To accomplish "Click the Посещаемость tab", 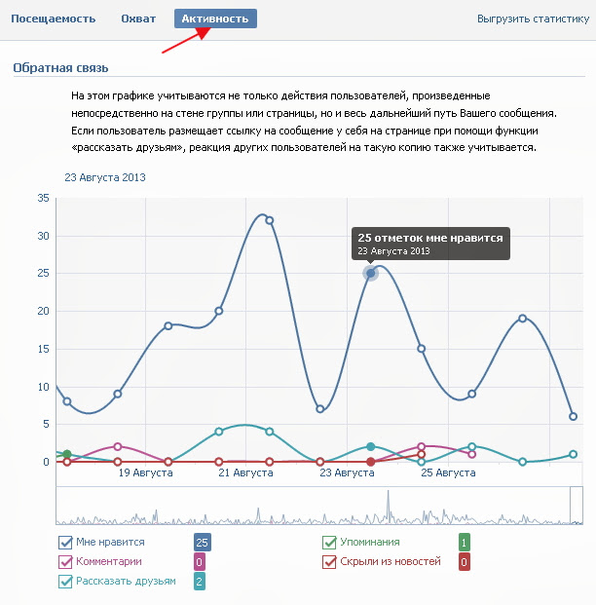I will pyautogui.click(x=54, y=19).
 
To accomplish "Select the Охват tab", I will pyautogui.click(x=138, y=19).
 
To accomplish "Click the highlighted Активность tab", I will pyautogui.click(x=215, y=19).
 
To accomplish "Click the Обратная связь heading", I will pyautogui.click(x=60, y=67).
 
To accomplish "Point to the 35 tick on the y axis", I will pyautogui.click(x=43, y=198).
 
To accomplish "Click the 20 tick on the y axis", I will pyautogui.click(x=43, y=311).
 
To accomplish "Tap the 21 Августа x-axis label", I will pyautogui.click(x=246, y=473).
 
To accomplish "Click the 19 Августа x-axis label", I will pyautogui.click(x=146, y=473).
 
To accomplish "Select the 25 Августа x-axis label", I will pyautogui.click(x=448, y=473).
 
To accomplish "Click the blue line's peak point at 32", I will pyautogui.click(x=270, y=220).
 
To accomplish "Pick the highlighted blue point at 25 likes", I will pyautogui.click(x=371, y=273).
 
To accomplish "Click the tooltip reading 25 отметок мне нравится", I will pyautogui.click(x=429, y=244).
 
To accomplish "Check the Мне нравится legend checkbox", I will pyautogui.click(x=66, y=543).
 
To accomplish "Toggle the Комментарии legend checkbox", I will pyautogui.click(x=66, y=562).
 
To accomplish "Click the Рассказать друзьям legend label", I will pyautogui.click(x=127, y=582).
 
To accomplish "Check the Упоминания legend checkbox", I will pyautogui.click(x=330, y=543).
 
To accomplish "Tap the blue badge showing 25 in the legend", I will pyautogui.click(x=203, y=543).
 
